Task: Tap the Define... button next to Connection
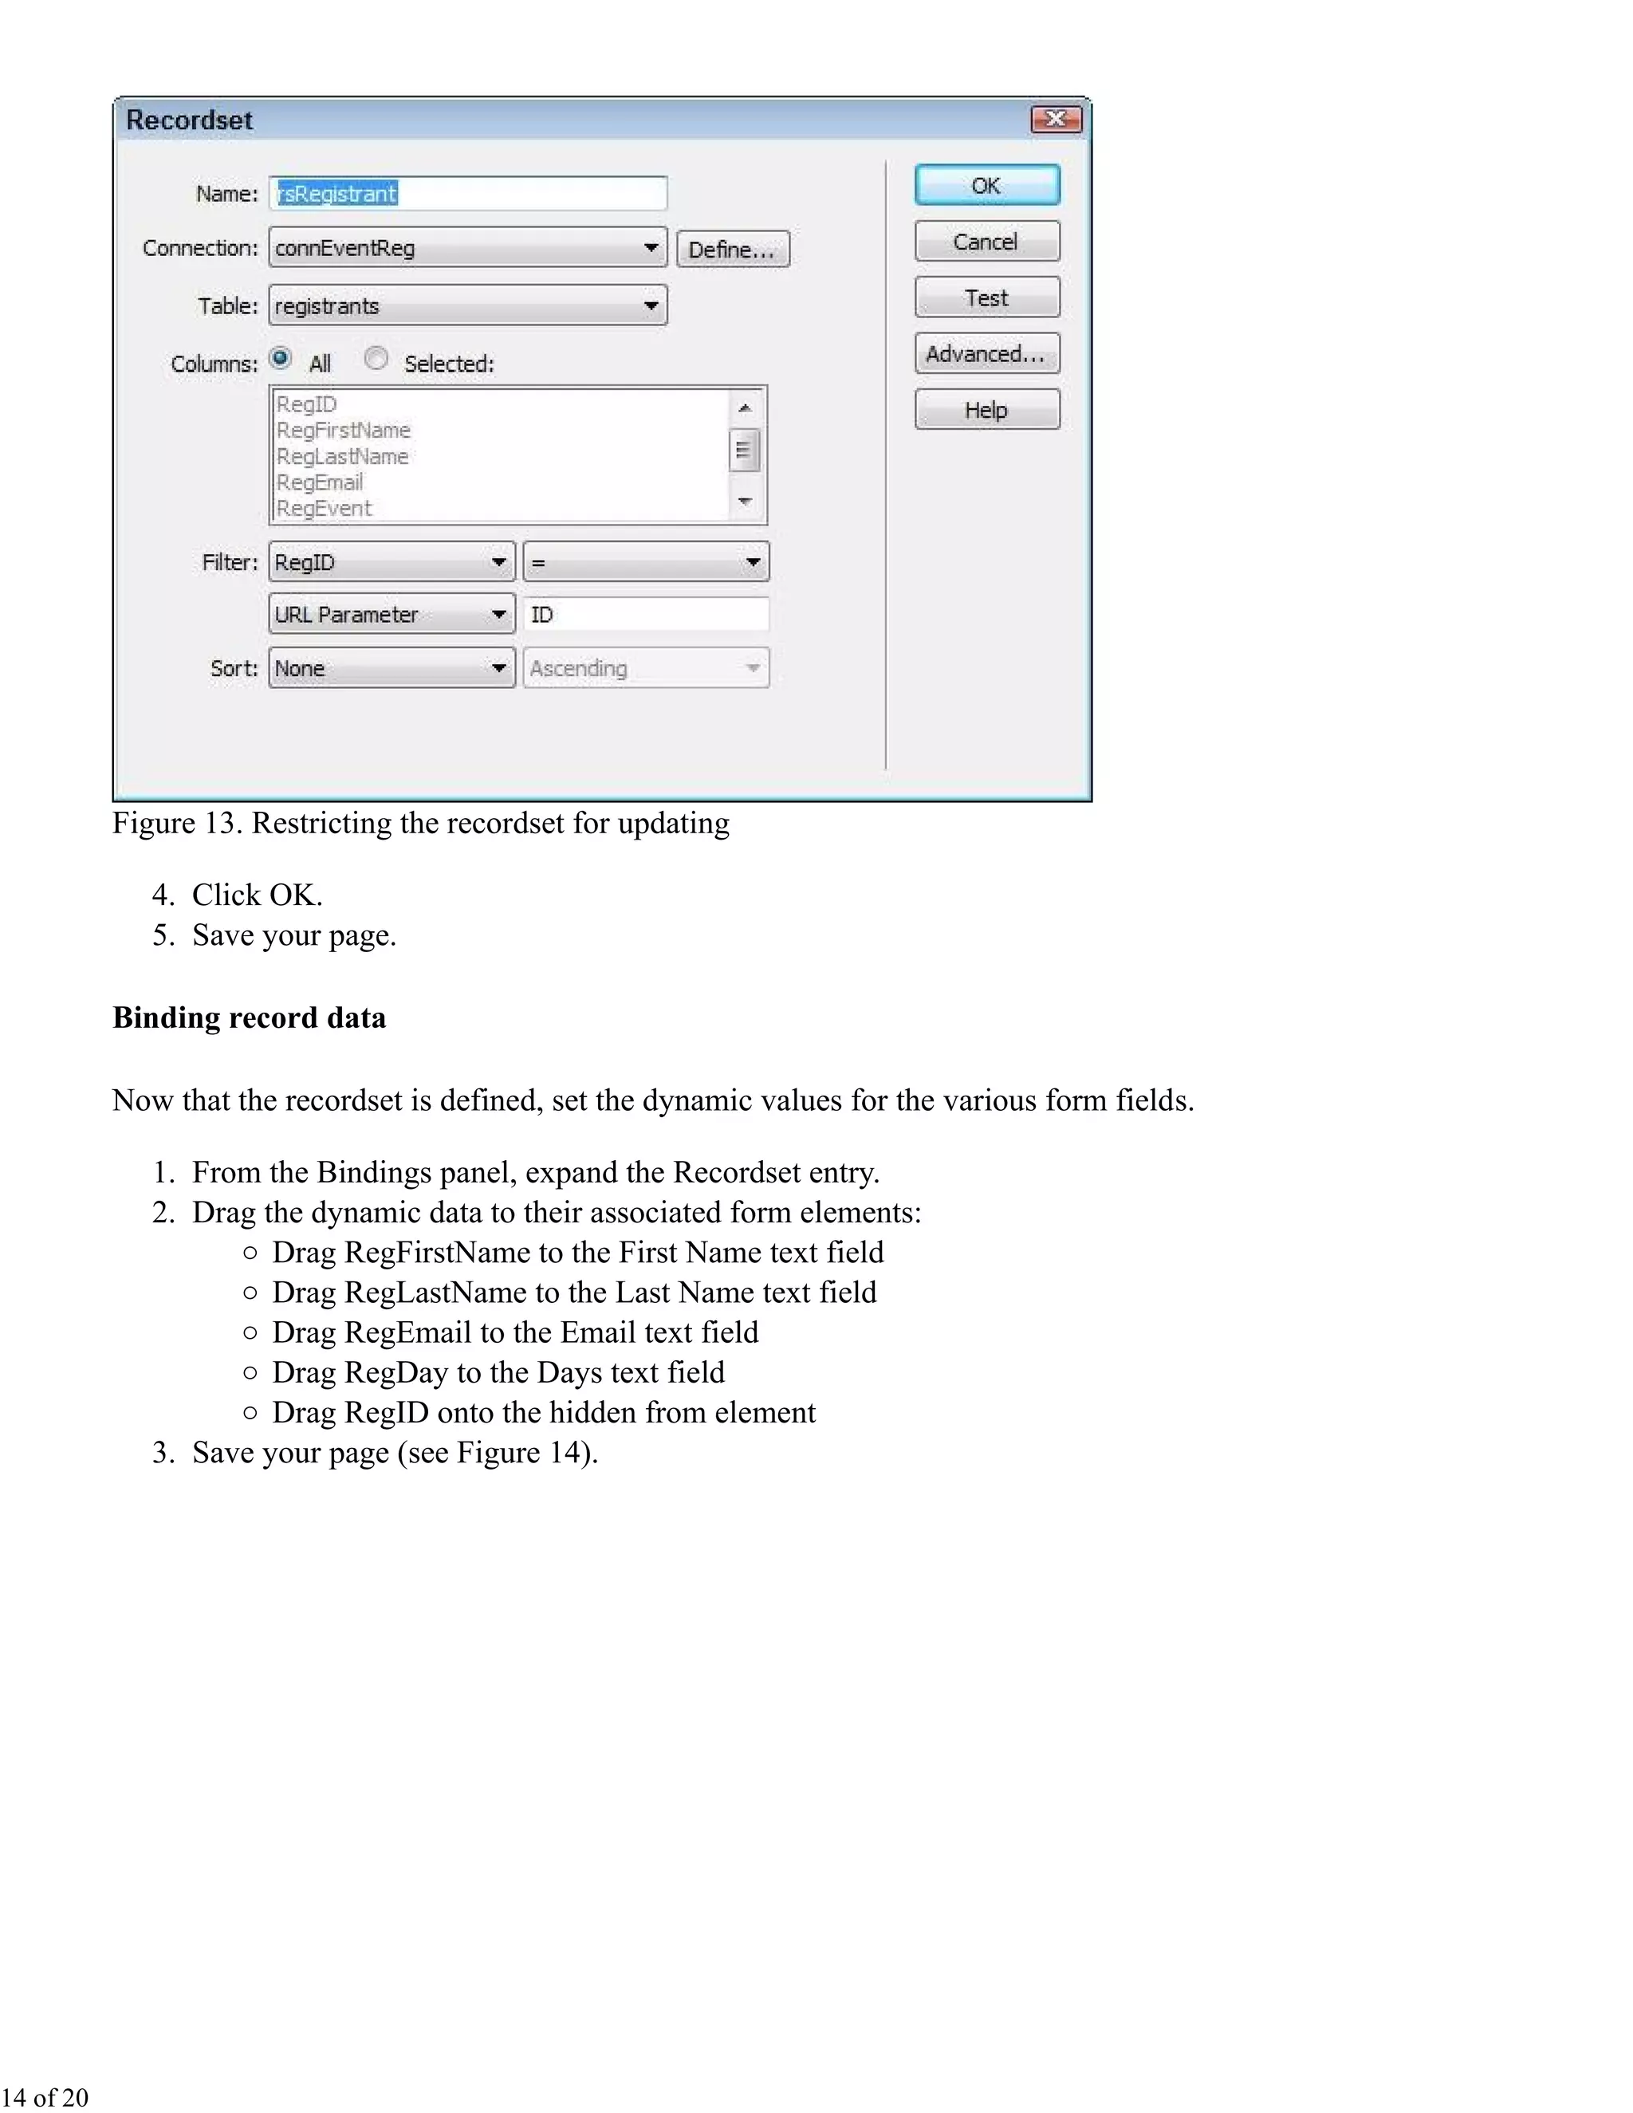732,250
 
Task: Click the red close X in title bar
1056,119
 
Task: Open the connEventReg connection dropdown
468,248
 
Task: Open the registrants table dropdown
468,305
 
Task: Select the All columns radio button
281,358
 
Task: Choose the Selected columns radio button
376,358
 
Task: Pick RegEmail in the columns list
321,482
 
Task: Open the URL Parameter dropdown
391,614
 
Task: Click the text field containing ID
646,614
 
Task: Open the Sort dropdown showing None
391,667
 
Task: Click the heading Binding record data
249,1017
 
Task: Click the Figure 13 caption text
420,824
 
